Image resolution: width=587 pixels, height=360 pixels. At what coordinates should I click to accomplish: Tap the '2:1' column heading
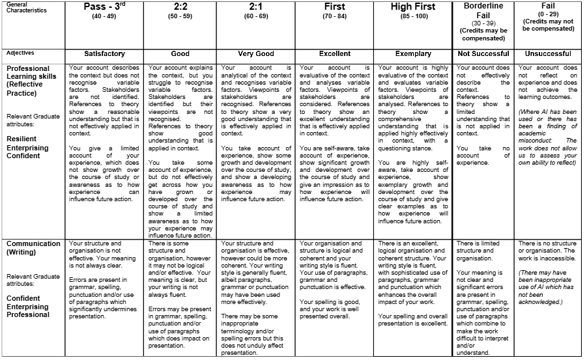pyautogui.click(x=257, y=7)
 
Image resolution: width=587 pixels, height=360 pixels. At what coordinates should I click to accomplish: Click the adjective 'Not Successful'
pyautogui.click(x=483, y=53)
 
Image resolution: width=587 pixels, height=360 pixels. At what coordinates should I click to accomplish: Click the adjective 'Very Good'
pyautogui.click(x=257, y=53)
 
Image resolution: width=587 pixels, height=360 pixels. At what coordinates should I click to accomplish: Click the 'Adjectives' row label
pyautogui.click(x=20, y=53)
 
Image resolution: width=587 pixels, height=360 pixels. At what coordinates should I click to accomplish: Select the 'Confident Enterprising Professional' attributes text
pyautogui.click(x=29, y=307)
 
